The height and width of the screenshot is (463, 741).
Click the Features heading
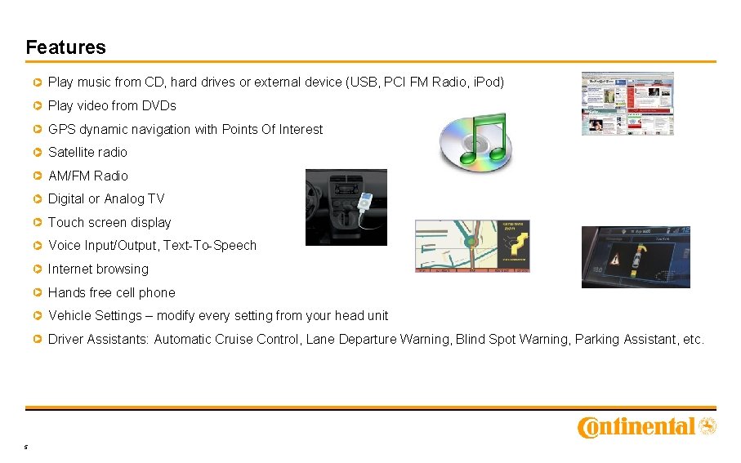tap(65, 47)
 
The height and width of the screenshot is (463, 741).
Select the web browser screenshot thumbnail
tap(627, 103)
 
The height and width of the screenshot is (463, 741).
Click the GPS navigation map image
tap(472, 246)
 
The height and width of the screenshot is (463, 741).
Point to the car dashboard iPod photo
tap(346, 207)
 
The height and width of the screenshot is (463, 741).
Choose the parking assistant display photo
tap(636, 257)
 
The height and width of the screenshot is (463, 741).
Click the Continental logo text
tap(636, 427)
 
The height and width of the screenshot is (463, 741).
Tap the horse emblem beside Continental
tap(708, 425)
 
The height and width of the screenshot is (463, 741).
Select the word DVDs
tap(159, 106)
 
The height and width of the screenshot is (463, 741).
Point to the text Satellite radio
tap(87, 153)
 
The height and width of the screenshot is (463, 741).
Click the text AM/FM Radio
tap(87, 176)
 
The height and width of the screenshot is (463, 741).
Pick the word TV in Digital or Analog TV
tap(155, 199)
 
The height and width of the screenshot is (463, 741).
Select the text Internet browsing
tap(98, 269)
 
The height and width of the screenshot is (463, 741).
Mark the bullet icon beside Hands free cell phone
tap(38, 292)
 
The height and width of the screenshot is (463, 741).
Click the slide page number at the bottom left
tap(26, 447)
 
